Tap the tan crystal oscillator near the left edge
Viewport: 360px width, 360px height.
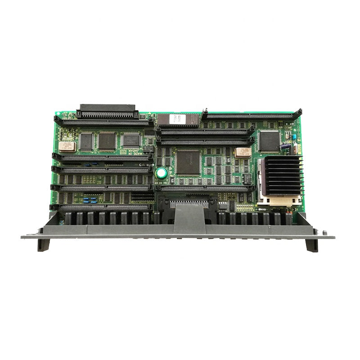click(66, 145)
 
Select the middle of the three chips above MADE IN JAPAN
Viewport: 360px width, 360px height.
click(108, 141)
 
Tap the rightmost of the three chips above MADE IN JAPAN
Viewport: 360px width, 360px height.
click(130, 139)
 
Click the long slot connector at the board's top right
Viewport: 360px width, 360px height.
click(249, 117)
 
